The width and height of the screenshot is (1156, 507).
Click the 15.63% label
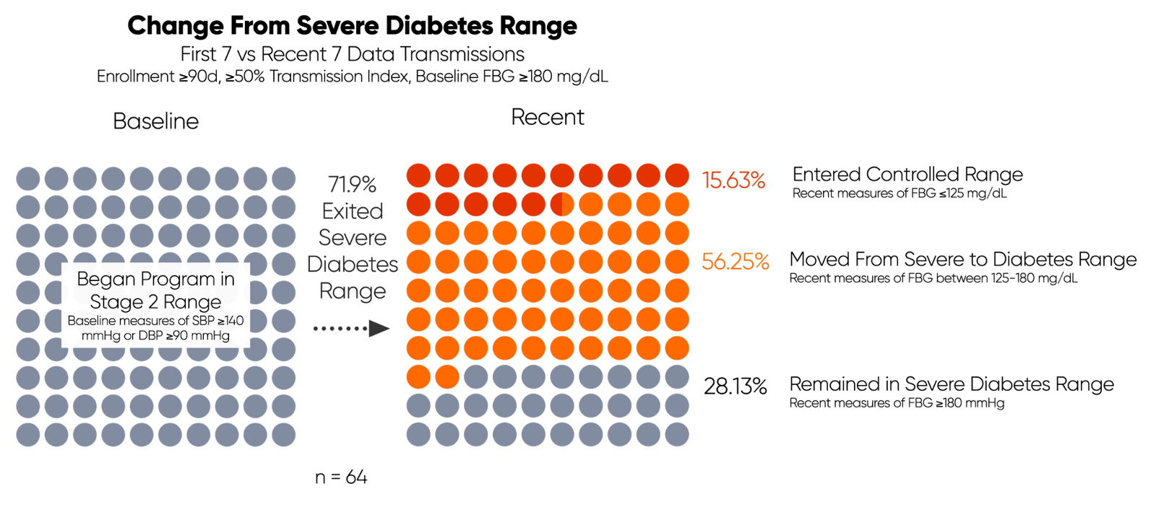pyautogui.click(x=733, y=180)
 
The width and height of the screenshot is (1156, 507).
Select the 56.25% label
pyautogui.click(x=735, y=261)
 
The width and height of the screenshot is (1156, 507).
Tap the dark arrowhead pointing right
pyautogui.click(x=379, y=329)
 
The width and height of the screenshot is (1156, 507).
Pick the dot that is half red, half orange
pyautogui.click(x=562, y=204)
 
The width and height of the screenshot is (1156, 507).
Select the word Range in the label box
pyautogui.click(x=192, y=302)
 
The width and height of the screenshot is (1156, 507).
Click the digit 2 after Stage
pyautogui.click(x=153, y=302)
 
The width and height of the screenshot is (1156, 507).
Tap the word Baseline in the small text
pyautogui.click(x=91, y=321)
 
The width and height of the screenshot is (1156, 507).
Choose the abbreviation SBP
pyautogui.click(x=203, y=321)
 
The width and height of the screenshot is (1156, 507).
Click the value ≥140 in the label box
pyautogui.click(x=230, y=321)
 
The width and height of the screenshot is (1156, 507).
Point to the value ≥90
pyautogui.click(x=180, y=336)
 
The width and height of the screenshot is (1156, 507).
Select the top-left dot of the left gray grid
pyautogui.click(x=28, y=179)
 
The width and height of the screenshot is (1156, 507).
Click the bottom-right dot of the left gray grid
pyautogui.click(x=283, y=435)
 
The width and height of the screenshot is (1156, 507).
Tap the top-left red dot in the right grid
pyautogui.click(x=418, y=175)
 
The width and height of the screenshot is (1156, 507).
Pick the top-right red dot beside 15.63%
pyautogui.click(x=677, y=175)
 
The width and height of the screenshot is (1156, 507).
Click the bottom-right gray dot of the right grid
pyautogui.click(x=677, y=435)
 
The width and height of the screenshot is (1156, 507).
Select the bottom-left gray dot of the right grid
pyautogui.click(x=418, y=435)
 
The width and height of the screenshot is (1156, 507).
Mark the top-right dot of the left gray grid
pyautogui.click(x=283, y=179)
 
